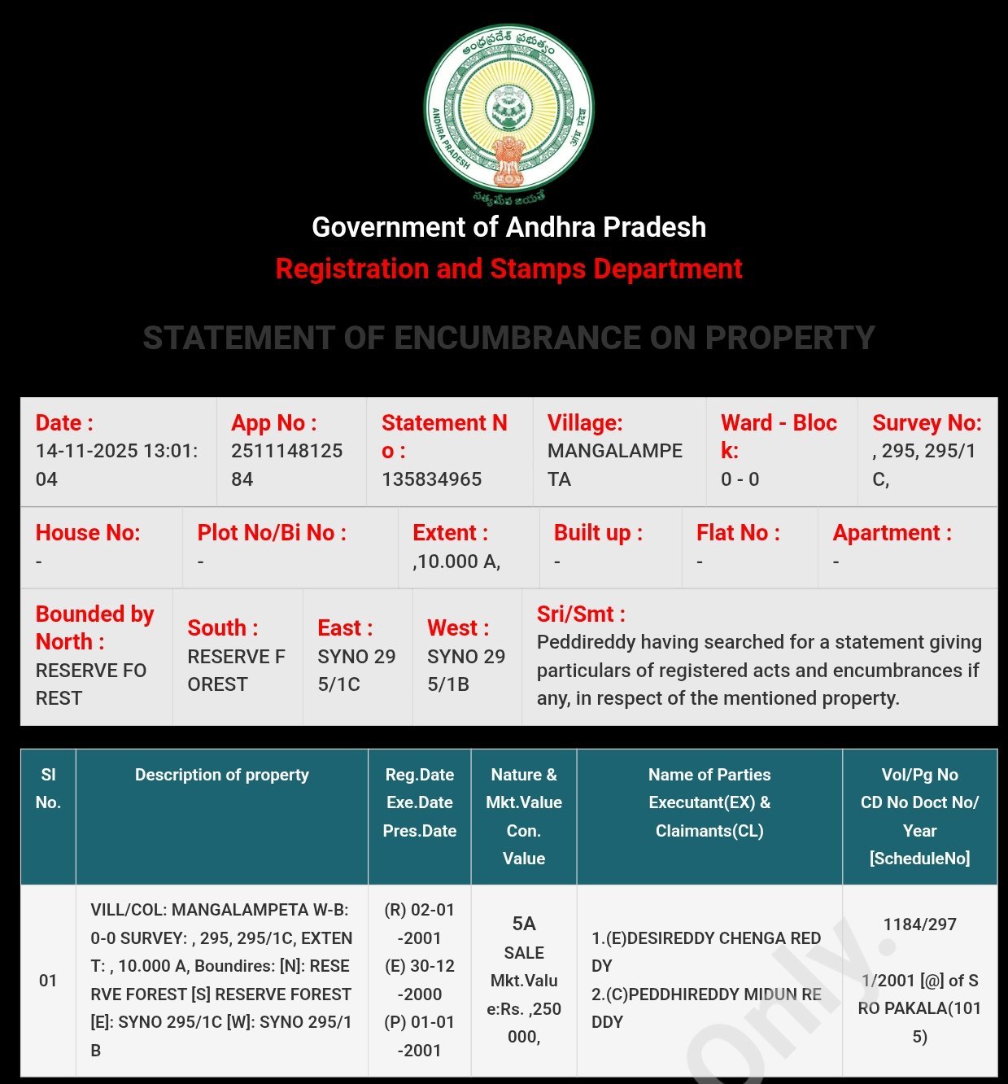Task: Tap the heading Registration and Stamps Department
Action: click(508, 269)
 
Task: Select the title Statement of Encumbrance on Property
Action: click(508, 338)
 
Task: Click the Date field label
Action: click(64, 423)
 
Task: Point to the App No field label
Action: click(273, 423)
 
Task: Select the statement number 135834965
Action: click(431, 479)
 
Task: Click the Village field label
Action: click(584, 423)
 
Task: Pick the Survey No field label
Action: click(927, 423)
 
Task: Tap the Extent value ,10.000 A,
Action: click(456, 562)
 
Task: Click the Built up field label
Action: click(598, 533)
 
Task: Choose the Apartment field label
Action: click(892, 533)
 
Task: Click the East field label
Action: click(345, 628)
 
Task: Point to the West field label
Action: click(458, 628)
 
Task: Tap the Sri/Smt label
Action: click(581, 614)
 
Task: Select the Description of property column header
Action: click(221, 775)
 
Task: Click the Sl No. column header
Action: click(48, 789)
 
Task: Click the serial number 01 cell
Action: click(48, 981)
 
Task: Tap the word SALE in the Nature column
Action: click(523, 952)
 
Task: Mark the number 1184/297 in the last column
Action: click(919, 924)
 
